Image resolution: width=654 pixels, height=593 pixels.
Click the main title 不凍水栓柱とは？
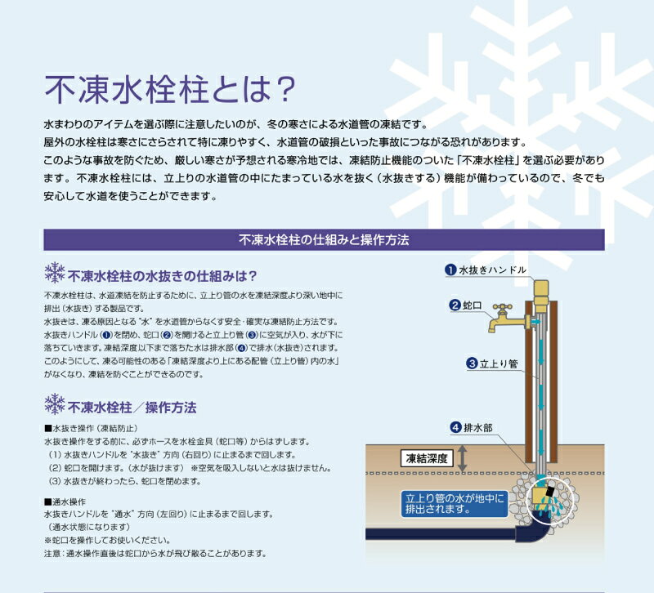pos(170,89)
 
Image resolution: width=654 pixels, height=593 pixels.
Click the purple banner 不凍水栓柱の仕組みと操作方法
pos(324,239)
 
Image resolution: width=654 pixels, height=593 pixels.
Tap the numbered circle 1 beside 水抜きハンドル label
pos(450,270)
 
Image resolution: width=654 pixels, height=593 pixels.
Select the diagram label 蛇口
pos(473,305)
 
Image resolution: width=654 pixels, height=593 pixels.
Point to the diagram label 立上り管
pos(499,363)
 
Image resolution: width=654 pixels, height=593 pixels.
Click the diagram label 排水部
pos(478,427)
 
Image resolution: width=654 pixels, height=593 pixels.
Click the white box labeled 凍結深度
pos(426,459)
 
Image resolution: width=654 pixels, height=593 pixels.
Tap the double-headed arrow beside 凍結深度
pos(462,458)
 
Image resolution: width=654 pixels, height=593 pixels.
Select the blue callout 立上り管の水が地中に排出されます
pos(455,503)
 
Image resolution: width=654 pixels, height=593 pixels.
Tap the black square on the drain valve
pos(551,492)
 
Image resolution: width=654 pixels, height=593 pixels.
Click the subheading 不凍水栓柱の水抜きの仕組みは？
pos(162,276)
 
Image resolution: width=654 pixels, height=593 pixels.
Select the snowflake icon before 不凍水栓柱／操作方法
pos(55,404)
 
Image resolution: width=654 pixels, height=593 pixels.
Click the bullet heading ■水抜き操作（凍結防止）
pos(91,428)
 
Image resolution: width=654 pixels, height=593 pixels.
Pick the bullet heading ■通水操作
pos(65,502)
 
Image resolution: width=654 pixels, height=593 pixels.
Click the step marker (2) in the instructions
pos(55,468)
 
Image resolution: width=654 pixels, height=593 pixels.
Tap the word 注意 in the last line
pos(52,554)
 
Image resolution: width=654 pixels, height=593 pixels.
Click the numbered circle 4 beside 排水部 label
pos(456,427)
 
